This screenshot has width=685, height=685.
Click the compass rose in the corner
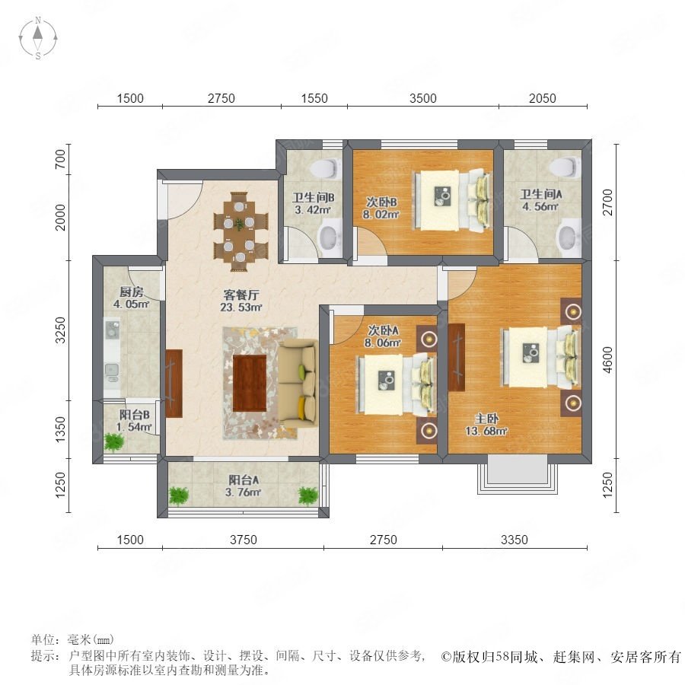[x=38, y=38]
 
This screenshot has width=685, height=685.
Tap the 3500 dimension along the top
[x=422, y=98]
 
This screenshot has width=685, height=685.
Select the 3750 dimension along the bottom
[x=244, y=540]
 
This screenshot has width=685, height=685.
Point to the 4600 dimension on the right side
[x=607, y=360]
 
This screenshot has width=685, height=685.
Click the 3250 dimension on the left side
[x=61, y=330]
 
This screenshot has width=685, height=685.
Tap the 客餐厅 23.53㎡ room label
[x=241, y=301]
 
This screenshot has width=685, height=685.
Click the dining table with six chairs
[x=240, y=231]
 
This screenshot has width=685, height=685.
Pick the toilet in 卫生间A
[x=566, y=167]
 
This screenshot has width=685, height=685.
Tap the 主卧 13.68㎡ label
[x=486, y=425]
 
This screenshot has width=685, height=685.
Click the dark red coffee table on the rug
[x=250, y=383]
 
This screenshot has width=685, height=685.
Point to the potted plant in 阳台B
[x=114, y=442]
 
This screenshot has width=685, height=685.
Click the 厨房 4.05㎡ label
[x=131, y=298]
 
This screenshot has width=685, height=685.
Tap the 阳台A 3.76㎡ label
[x=244, y=486]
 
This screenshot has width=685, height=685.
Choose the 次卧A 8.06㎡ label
[x=383, y=336]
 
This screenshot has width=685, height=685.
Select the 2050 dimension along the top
[x=542, y=98]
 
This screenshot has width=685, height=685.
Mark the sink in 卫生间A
[x=569, y=237]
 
